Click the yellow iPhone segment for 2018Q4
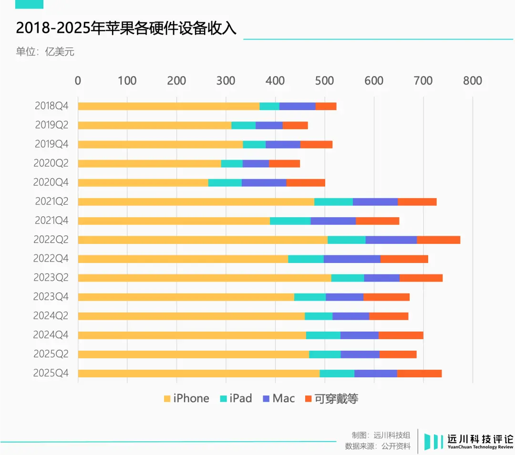pos(168,106)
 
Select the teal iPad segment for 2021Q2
pos(333,202)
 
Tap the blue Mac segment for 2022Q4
pos(352,259)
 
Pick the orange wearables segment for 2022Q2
pos(438,240)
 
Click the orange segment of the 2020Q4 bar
pos(306,182)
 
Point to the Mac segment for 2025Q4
pos(376,374)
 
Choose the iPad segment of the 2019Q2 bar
pos(243,125)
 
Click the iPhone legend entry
pos(186,398)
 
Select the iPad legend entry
pos(236,398)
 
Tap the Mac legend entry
pos(278,398)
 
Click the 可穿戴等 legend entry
pos(331,398)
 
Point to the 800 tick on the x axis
pos(473,81)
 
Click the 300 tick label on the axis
pos(226,81)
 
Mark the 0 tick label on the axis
pos(78,81)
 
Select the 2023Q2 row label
pos(51,278)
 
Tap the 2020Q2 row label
pos(51,163)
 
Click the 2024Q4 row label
pos(51,335)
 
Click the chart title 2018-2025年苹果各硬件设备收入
pos(126,28)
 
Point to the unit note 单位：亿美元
pos(45,52)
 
